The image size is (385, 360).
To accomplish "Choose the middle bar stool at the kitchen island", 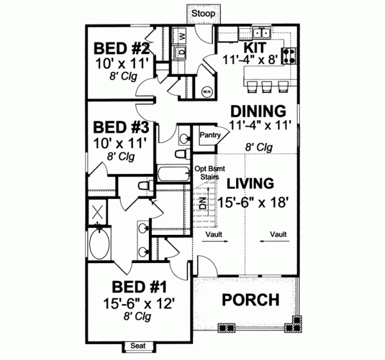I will (x=267, y=86).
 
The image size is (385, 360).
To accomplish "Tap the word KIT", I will (x=252, y=48).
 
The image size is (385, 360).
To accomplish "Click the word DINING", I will (x=258, y=110).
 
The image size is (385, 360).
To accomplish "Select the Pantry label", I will (x=210, y=135).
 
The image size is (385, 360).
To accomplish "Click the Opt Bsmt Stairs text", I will (x=207, y=173).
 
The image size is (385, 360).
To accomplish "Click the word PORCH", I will (x=250, y=300).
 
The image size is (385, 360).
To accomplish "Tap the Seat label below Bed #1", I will (x=138, y=347).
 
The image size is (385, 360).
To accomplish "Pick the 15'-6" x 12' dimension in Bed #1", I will (x=140, y=302).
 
